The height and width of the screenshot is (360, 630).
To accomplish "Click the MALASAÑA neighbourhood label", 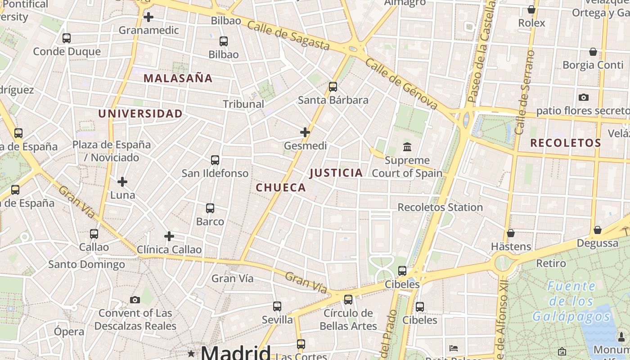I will point(178,78).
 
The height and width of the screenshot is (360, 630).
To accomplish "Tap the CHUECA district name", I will point(281,188).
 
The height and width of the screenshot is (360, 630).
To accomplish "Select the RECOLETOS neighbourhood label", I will point(565,143).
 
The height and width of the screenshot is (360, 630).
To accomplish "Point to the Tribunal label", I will point(243,104).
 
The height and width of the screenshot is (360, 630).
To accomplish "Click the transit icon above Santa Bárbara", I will point(333,87).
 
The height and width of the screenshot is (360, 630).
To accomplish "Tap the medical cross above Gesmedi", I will point(305,132).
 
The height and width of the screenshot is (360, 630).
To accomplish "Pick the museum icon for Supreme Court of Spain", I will point(407,147).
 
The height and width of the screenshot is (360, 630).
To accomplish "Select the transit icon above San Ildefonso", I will point(215,160).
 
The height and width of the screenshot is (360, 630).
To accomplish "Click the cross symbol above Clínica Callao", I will point(169,236).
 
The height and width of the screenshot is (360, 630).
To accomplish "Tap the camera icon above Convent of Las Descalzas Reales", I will point(135,300).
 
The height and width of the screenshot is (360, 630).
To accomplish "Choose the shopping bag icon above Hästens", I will point(511,233).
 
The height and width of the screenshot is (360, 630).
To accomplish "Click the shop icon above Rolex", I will point(531,9).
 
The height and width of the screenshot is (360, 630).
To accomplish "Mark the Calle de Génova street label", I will point(401,84).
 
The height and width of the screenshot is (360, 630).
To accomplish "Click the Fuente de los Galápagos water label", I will point(571,301).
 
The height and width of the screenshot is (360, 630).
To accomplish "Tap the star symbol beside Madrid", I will point(191,353).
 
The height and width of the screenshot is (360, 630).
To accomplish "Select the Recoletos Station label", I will point(440,207).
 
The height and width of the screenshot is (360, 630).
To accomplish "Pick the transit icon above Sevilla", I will point(277,306).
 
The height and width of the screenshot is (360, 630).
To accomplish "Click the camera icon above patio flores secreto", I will point(584,97).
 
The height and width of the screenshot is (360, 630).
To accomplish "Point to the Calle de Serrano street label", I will point(525,92).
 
